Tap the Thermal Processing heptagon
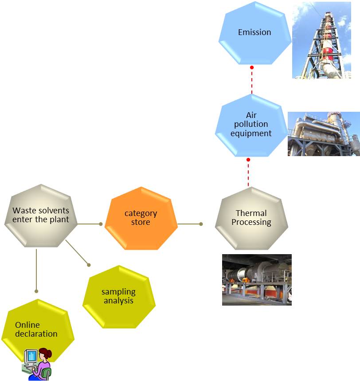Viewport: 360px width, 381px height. pyautogui.click(x=251, y=218)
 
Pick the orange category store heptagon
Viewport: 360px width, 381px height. pyautogui.click(x=141, y=218)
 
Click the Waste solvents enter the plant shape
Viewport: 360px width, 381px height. pyautogui.click(x=41, y=215)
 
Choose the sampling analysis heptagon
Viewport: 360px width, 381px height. pyautogui.click(x=119, y=296)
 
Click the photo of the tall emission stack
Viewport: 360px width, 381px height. pyautogui.click(x=321, y=39)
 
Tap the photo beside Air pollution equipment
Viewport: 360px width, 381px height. pyautogui.click(x=324, y=134)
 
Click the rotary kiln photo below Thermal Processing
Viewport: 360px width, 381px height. pyautogui.click(x=257, y=279)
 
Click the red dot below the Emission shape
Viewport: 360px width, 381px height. pyautogui.click(x=252, y=67)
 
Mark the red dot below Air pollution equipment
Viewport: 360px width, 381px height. pyautogui.click(x=248, y=160)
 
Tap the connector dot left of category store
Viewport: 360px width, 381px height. pyautogui.click(x=101, y=224)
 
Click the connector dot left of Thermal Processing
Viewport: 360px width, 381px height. pyautogui.click(x=201, y=224)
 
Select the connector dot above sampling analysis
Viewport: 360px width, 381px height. pyautogui.click(x=89, y=265)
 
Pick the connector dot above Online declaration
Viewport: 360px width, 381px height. pyautogui.click(x=36, y=291)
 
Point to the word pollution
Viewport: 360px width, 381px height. pyautogui.click(x=251, y=124)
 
